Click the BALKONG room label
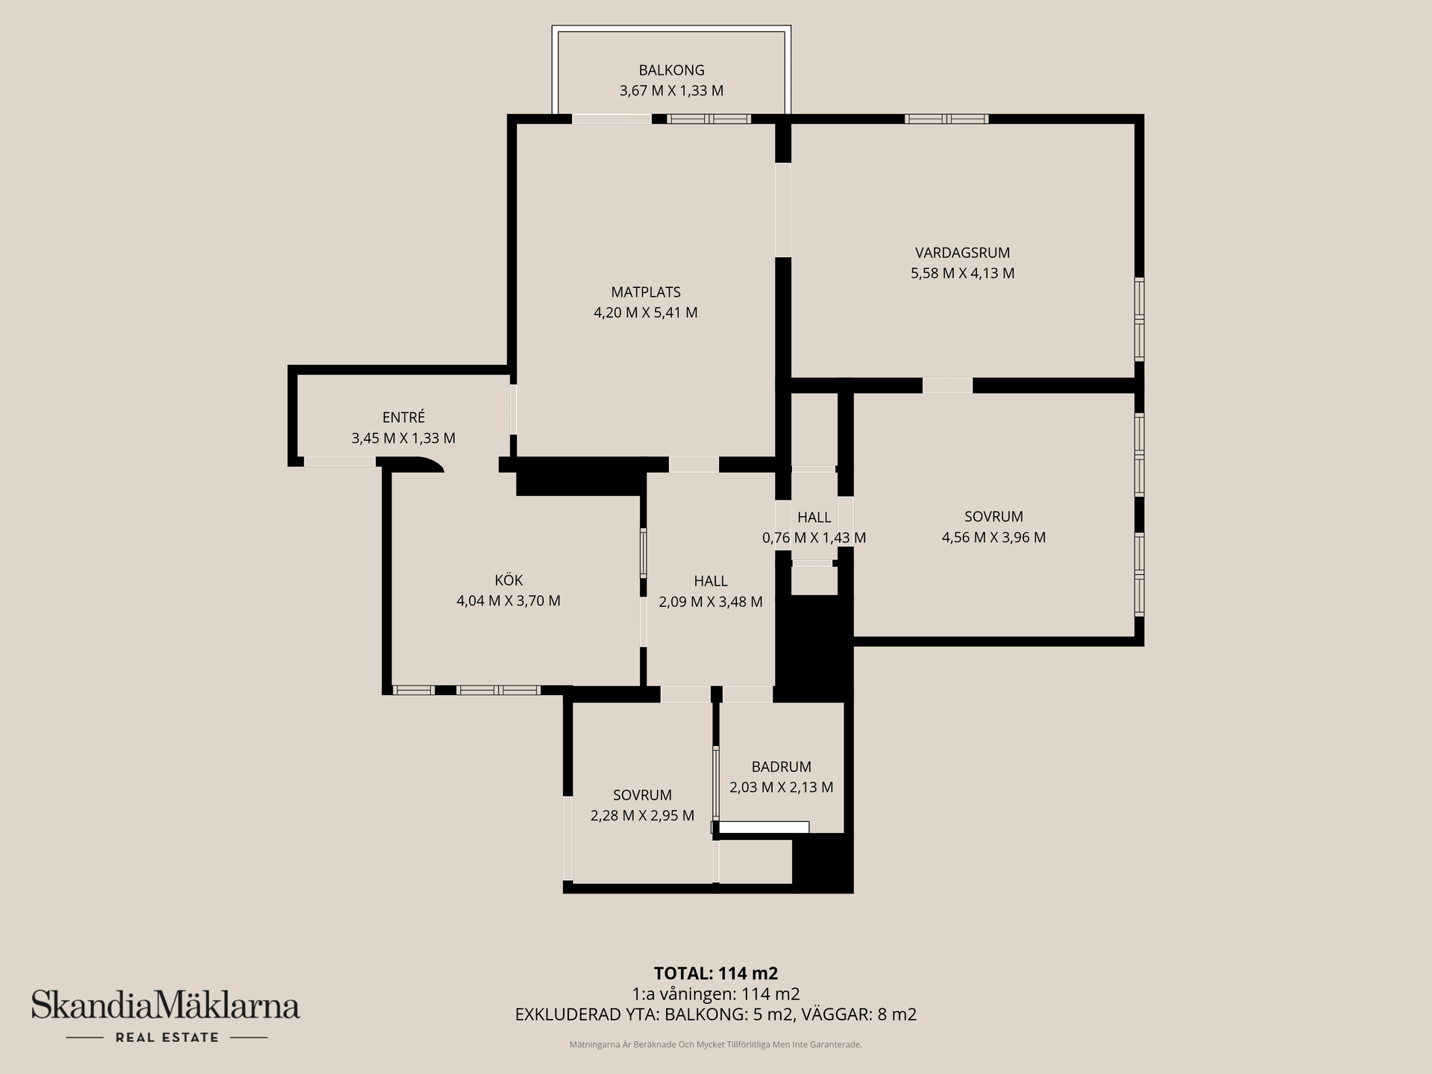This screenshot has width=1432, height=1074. coord(671,70)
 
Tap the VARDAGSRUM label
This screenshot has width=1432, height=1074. coord(962,253)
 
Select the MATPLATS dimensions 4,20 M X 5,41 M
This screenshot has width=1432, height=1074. coord(646,313)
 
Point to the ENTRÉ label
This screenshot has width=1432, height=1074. coord(403,418)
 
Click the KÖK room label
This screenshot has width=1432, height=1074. coord(509,580)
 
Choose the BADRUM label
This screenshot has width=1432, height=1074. coord(781,767)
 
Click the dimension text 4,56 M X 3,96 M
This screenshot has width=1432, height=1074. coord(993,537)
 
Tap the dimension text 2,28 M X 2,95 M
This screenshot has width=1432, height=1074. coord(642,815)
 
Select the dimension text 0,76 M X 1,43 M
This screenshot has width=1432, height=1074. coord(814,538)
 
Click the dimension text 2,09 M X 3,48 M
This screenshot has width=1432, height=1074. coord(711,602)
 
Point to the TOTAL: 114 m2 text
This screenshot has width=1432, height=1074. coord(716,973)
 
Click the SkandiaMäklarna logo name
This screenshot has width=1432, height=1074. coord(166,1005)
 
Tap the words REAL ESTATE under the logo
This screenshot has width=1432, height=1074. coord(167,1037)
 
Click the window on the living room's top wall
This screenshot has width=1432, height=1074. coord(946,119)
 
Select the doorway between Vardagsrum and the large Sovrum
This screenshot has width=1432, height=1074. coord(947,386)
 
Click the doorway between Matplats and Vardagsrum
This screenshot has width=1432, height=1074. coord(783,210)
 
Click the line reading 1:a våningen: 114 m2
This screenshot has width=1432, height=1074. coord(716,994)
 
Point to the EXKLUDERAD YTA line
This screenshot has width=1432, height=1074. coord(716,1014)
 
